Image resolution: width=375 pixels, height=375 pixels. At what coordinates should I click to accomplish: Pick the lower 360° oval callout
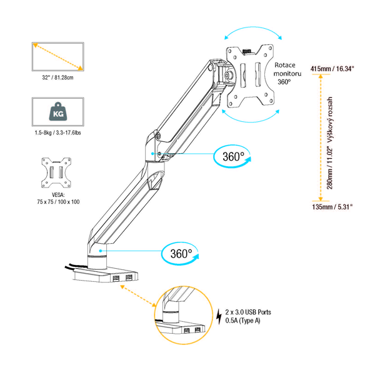(181, 253)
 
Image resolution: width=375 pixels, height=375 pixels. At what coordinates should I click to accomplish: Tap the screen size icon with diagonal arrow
(57, 57)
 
